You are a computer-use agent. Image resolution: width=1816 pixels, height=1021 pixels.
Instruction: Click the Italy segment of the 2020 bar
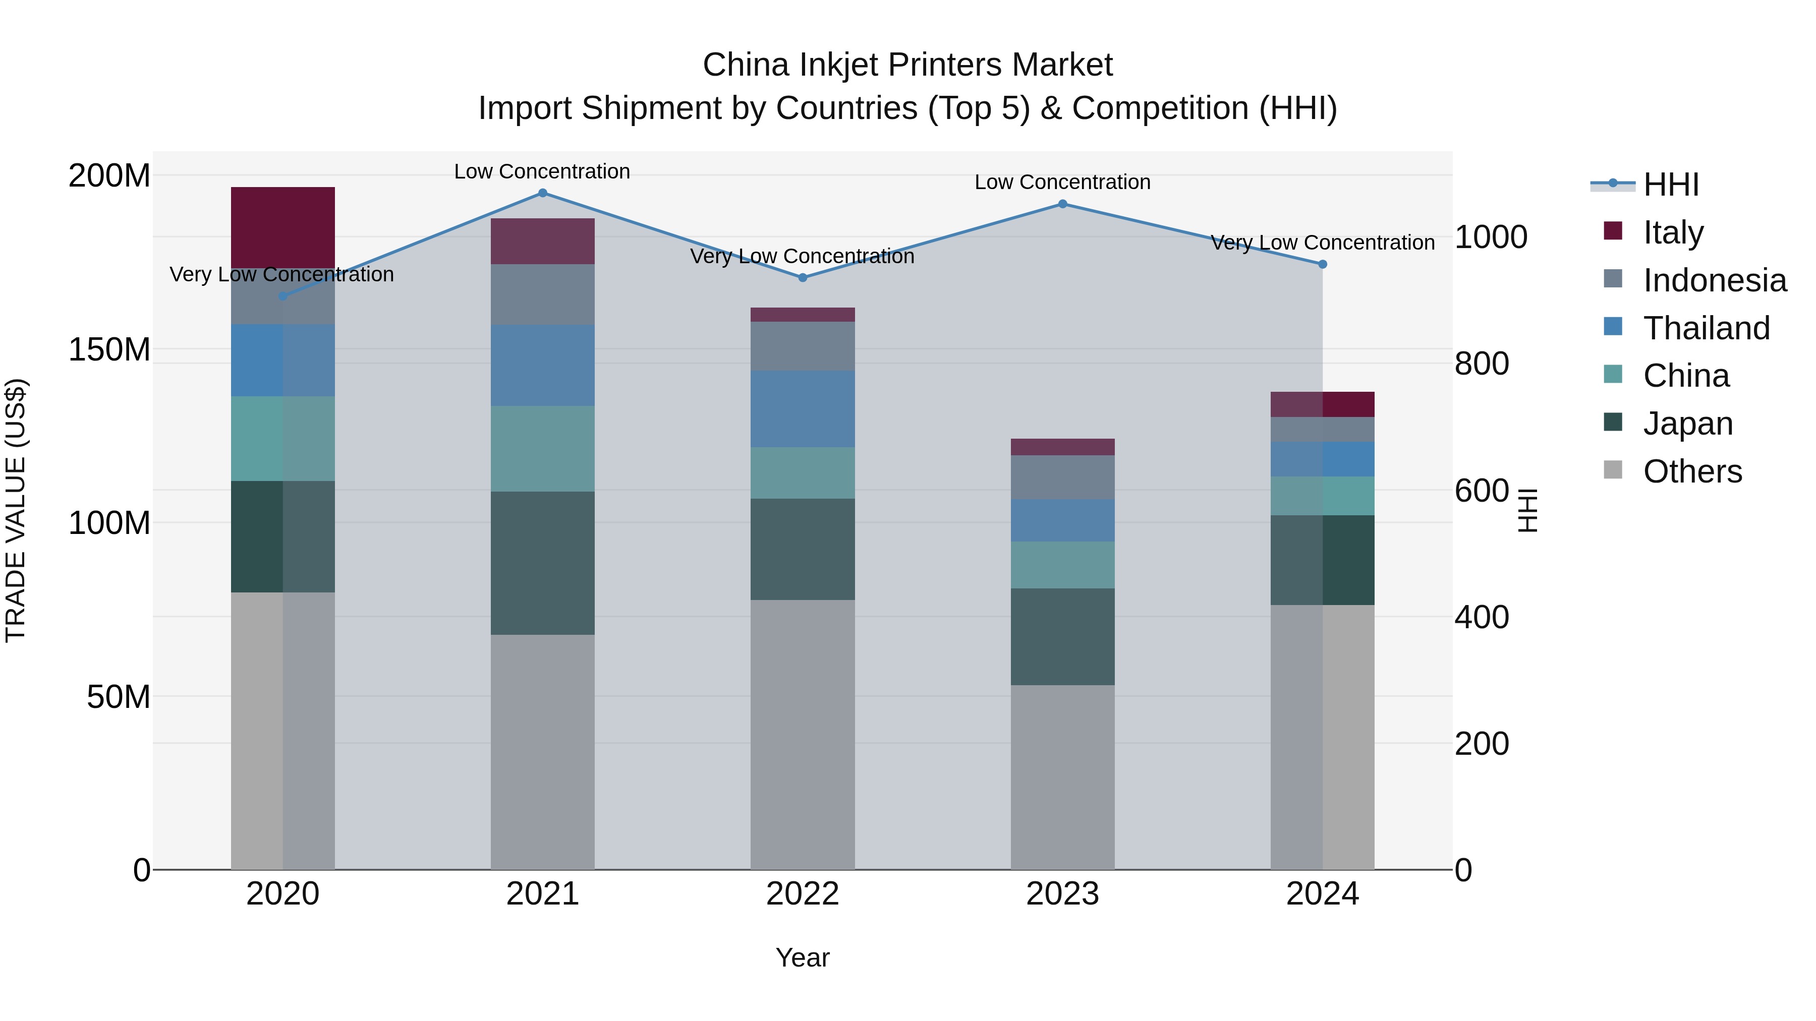(282, 227)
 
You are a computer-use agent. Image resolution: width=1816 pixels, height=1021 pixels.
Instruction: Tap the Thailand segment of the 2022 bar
(802, 409)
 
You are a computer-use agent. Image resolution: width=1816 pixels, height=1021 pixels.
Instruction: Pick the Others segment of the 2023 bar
(1062, 776)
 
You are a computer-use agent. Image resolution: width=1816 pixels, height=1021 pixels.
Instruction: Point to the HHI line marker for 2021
(542, 193)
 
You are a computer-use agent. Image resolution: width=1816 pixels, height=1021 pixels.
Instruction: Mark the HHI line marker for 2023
(1062, 204)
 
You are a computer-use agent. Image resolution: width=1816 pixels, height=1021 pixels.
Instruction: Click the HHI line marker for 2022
(802, 278)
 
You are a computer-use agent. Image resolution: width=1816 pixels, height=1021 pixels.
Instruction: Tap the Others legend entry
(1692, 471)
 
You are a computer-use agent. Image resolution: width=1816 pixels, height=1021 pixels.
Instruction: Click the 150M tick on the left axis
(109, 349)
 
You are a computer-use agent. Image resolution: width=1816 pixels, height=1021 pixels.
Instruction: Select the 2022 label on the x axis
(802, 894)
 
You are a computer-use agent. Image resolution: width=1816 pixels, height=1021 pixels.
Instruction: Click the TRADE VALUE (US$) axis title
(16, 510)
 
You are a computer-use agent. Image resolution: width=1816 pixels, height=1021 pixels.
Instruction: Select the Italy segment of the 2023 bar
(1062, 447)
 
